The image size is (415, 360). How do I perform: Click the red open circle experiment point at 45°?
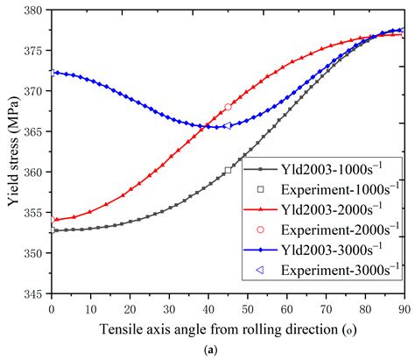point(228,107)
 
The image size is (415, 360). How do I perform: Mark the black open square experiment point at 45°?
point(228,171)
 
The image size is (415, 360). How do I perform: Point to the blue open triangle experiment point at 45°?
point(228,125)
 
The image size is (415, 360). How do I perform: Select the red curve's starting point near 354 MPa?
point(55,220)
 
